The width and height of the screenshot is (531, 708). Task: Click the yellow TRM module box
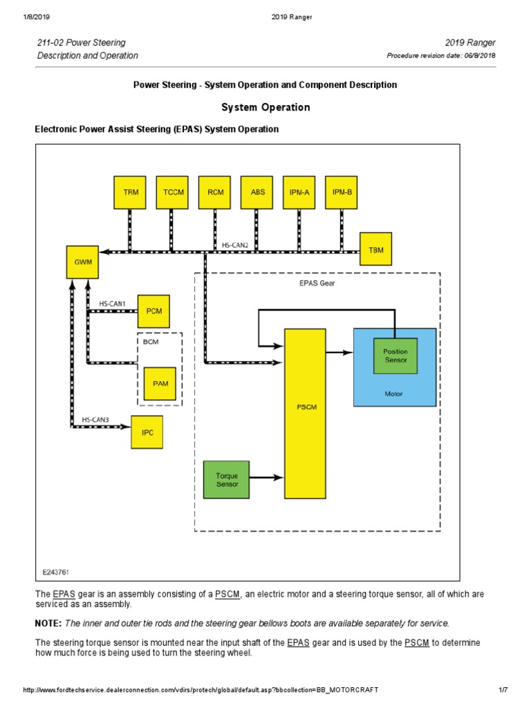click(131, 192)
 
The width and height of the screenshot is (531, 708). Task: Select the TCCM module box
click(173, 192)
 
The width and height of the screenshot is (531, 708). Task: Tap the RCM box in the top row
click(215, 192)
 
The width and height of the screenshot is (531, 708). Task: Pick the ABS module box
click(257, 192)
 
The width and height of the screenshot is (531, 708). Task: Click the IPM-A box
click(299, 192)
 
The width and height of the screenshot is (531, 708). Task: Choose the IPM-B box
click(342, 192)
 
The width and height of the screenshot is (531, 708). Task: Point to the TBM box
click(376, 250)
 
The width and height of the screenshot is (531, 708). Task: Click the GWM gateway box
click(82, 262)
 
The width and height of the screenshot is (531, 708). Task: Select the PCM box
click(153, 311)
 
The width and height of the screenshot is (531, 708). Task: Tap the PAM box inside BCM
click(160, 383)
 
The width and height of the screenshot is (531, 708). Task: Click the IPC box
click(147, 432)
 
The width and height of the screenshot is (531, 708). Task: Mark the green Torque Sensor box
click(227, 479)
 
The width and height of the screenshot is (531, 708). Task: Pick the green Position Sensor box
click(395, 356)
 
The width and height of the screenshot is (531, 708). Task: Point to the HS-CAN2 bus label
click(235, 245)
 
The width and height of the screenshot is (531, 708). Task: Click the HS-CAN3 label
click(95, 420)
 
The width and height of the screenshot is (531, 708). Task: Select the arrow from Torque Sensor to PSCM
click(267, 477)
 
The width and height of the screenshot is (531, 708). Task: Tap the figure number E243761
click(56, 572)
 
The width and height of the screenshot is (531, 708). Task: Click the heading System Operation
click(265, 107)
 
